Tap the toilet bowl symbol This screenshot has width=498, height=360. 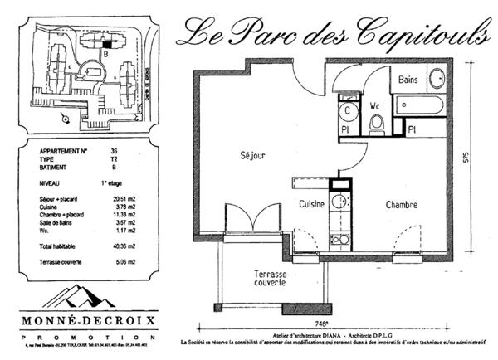(x=376, y=124)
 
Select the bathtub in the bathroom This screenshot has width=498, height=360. (x=420, y=106)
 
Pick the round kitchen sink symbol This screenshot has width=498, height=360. (x=339, y=202)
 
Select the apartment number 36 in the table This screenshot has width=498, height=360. (x=113, y=151)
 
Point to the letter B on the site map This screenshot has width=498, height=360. (x=105, y=53)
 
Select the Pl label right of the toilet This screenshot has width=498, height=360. (x=411, y=129)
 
